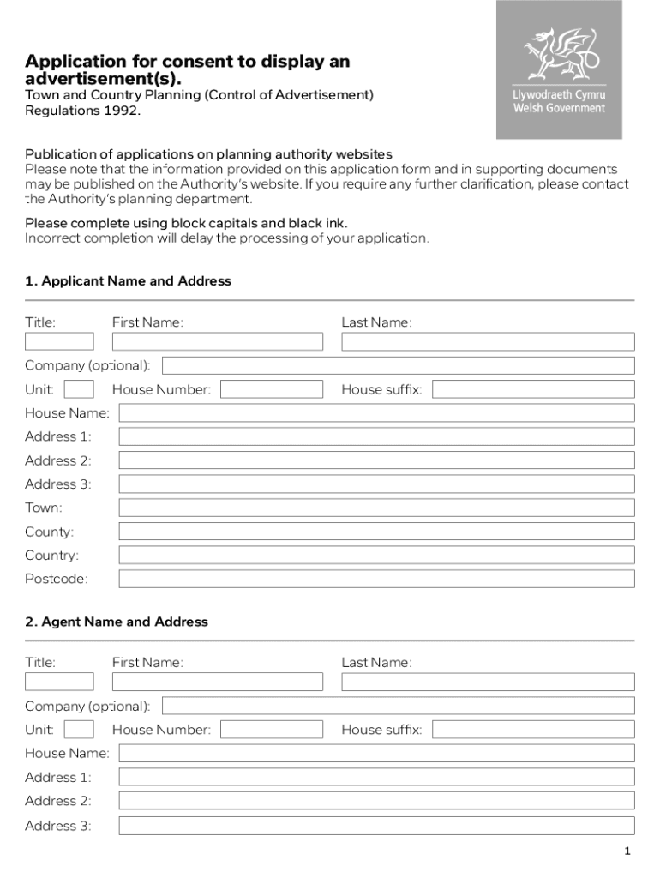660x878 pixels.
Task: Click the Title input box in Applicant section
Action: coord(59,341)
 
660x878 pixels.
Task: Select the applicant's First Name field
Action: coord(218,341)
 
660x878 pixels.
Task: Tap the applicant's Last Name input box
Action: coord(488,341)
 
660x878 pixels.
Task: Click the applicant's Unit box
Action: coord(79,389)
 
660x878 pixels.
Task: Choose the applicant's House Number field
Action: coord(272,389)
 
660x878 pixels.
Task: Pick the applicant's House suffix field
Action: coord(533,389)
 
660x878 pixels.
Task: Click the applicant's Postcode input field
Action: coord(376,579)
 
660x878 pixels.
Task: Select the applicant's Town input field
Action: coord(376,508)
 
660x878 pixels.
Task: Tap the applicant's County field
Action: coord(376,532)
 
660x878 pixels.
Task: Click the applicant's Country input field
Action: coord(376,555)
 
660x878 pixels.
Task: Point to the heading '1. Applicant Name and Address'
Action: coord(128,281)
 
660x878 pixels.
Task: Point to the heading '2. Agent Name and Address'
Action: coord(117,622)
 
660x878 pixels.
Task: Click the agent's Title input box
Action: coord(59,682)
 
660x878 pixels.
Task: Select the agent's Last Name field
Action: coord(488,682)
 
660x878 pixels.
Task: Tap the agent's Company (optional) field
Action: coord(398,706)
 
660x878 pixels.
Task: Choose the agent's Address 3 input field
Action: coord(376,826)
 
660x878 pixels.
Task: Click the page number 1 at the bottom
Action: coord(627,851)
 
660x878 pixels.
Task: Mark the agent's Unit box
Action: coord(79,730)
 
